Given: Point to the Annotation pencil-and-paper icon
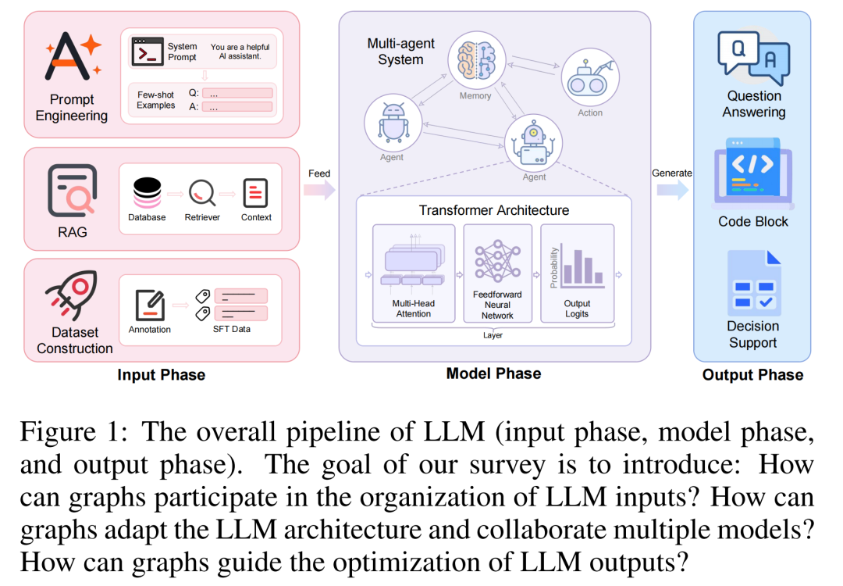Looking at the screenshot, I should pyautogui.click(x=149, y=305).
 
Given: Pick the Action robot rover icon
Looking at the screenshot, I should pyautogui.click(x=589, y=77).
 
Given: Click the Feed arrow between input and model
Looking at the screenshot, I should pyautogui.click(x=319, y=190).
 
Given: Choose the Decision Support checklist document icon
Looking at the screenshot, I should pyautogui.click(x=752, y=283).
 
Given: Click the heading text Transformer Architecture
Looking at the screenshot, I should pyautogui.click(x=493, y=210).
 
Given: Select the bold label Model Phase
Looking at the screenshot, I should pyautogui.click(x=493, y=373).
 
